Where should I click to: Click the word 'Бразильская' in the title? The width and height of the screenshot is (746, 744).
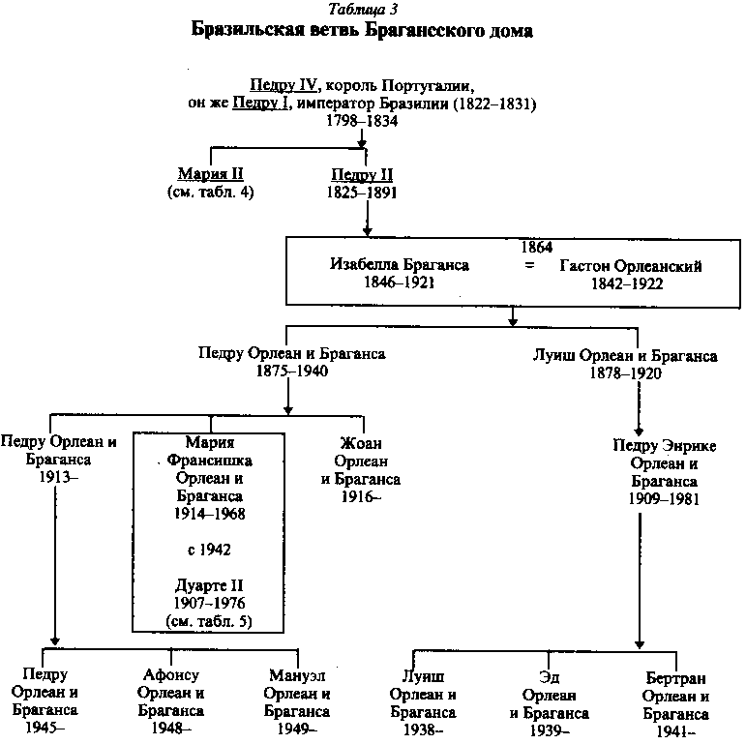247,31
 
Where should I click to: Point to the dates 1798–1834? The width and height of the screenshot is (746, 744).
363,120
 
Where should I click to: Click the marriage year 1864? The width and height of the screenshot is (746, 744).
536,248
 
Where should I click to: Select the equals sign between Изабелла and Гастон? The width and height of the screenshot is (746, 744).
528,265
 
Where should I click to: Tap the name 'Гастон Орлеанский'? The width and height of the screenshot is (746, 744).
630,265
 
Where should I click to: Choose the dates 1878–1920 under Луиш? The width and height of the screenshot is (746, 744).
625,373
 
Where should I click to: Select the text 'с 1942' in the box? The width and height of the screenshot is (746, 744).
210,550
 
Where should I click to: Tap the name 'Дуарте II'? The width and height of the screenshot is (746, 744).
210,585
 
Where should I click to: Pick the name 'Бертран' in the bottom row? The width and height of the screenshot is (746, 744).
676,676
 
